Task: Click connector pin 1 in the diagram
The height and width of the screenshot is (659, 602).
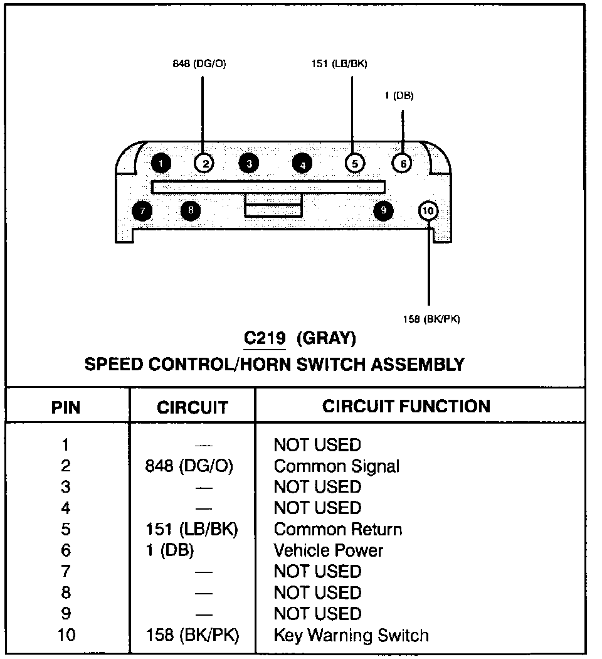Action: tap(161, 164)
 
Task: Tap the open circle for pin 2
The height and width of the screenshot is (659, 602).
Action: tap(204, 164)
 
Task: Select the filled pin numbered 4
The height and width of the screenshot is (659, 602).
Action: tap(302, 164)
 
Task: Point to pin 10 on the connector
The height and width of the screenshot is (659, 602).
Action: tap(428, 211)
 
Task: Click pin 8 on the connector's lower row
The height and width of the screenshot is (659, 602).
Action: tap(191, 210)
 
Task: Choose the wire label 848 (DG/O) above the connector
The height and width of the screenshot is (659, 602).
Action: tap(199, 63)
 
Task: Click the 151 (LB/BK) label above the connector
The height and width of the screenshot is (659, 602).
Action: tap(339, 63)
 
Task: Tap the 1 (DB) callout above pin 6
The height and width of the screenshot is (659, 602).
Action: tap(399, 95)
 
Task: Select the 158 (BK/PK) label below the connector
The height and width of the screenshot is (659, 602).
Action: tap(431, 319)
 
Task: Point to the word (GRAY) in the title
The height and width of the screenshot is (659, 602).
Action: tap(326, 339)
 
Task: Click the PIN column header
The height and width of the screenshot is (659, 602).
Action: tap(66, 407)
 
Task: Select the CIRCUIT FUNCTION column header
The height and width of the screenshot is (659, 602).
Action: tap(406, 406)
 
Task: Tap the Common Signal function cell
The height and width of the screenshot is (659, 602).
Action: tap(336, 466)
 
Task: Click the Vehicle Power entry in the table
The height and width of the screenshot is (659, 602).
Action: tap(328, 550)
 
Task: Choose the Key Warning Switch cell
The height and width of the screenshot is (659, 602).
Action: tap(351, 635)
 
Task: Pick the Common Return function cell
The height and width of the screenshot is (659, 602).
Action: tap(337, 529)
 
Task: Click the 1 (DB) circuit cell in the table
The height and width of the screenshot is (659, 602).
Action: tap(169, 550)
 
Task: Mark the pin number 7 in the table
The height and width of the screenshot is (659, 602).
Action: tap(66, 572)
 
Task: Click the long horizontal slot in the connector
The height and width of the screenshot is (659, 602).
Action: tap(268, 187)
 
